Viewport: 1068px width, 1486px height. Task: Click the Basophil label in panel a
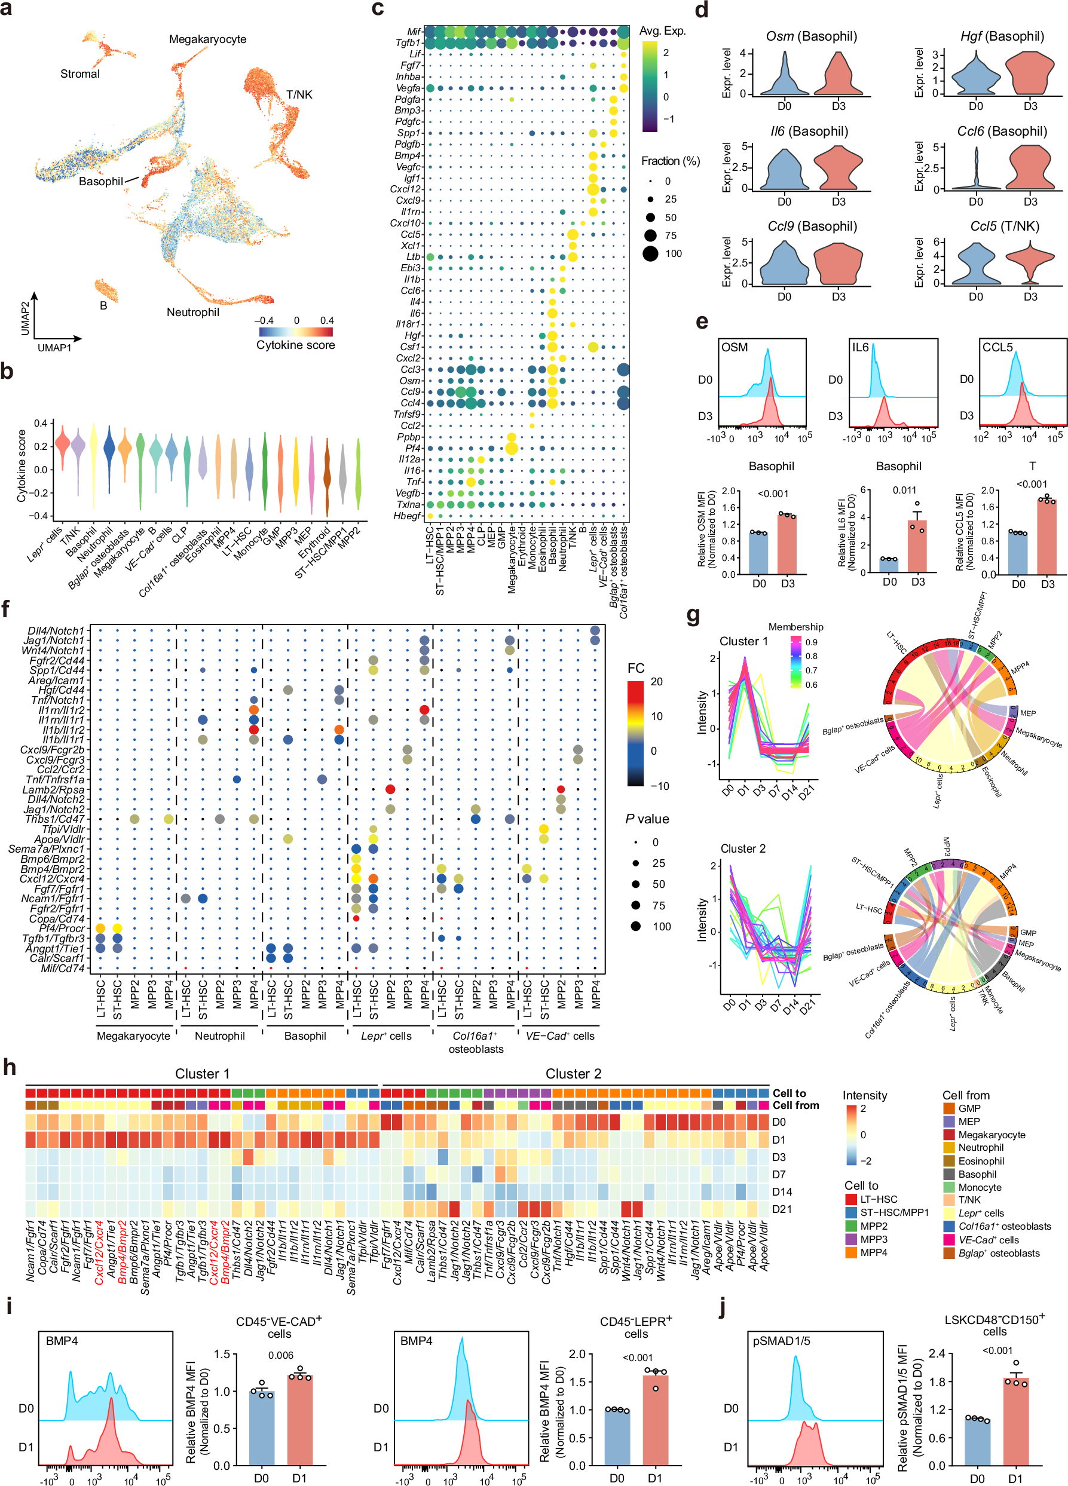(100, 182)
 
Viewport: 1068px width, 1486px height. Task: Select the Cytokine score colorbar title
(295, 345)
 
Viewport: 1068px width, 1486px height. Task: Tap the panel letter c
(377, 9)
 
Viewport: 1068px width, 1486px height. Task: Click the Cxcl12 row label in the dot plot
(406, 189)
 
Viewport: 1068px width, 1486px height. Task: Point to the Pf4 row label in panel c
(412, 448)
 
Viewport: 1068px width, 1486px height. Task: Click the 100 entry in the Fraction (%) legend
(673, 253)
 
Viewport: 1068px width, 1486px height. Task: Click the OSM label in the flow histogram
(734, 347)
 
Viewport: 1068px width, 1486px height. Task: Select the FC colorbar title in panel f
(635, 668)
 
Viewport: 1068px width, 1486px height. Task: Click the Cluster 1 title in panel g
(743, 642)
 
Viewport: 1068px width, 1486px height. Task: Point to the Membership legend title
(795, 627)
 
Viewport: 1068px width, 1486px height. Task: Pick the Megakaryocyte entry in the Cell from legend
(992, 1135)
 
